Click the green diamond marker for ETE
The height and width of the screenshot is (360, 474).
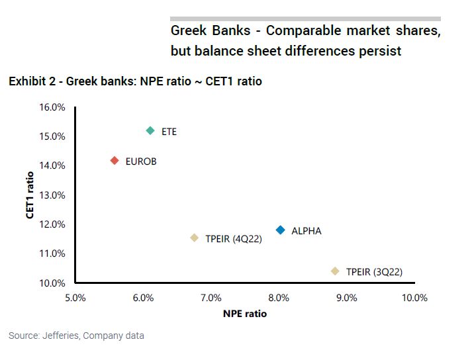pyautogui.click(x=150, y=131)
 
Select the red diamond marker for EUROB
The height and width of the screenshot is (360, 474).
pyautogui.click(x=115, y=161)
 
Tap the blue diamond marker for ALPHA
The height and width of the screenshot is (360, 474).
pyautogui.click(x=281, y=230)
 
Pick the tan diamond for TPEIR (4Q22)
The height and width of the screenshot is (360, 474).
pyautogui.click(x=194, y=238)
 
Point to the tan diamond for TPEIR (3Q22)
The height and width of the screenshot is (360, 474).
pyautogui.click(x=335, y=271)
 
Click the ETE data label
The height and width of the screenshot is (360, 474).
pyautogui.click(x=169, y=132)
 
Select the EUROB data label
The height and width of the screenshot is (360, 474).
pyautogui.click(x=141, y=161)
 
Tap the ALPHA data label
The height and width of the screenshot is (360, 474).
pyautogui.click(x=307, y=231)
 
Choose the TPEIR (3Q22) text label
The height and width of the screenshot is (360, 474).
pyautogui.click(x=374, y=272)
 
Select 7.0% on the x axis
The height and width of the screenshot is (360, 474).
pyautogui.click(x=211, y=298)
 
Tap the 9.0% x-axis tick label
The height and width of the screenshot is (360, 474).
pyautogui.click(x=346, y=298)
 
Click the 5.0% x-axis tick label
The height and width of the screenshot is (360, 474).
pyautogui.click(x=75, y=298)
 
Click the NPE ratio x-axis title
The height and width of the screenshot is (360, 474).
pyautogui.click(x=245, y=314)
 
